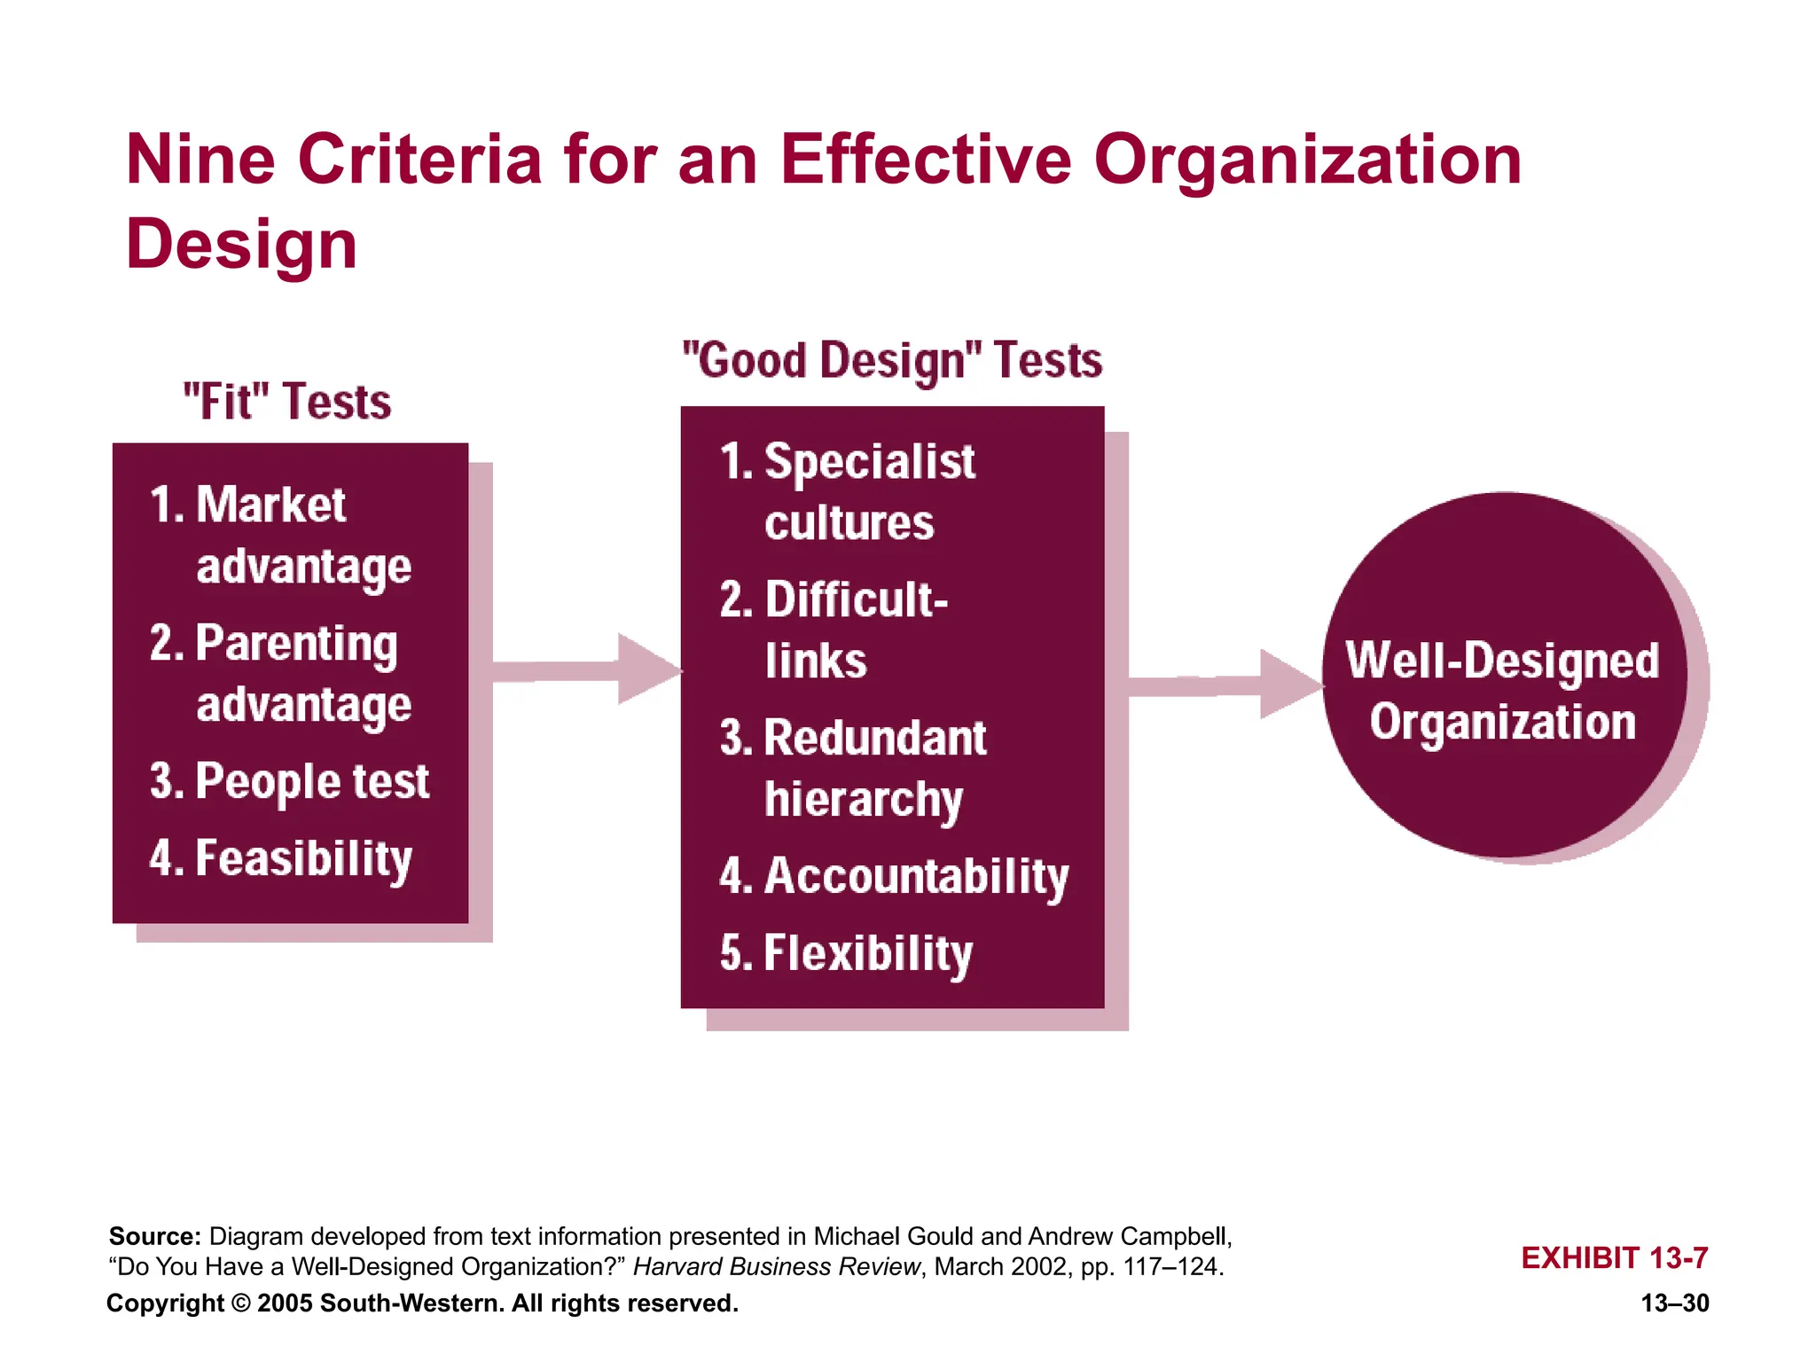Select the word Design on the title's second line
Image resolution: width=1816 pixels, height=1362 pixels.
[241, 245]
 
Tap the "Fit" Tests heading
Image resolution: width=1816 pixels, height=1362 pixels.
[286, 402]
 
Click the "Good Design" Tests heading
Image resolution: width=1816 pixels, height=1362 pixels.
[891, 361]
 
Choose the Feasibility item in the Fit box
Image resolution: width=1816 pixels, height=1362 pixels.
[303, 858]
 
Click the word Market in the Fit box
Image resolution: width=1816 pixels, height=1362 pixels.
[270, 505]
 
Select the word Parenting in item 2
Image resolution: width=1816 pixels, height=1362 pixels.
[295, 644]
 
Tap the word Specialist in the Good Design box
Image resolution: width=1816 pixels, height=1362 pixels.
[869, 462]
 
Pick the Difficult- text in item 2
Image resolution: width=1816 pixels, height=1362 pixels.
[856, 600]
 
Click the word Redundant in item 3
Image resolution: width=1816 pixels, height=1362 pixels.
[874, 738]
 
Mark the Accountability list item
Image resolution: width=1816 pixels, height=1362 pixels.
[915, 876]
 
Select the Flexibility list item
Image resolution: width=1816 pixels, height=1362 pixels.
[867, 953]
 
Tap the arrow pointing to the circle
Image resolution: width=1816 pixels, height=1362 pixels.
[1224, 684]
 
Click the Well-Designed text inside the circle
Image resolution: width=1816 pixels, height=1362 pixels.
[1501, 661]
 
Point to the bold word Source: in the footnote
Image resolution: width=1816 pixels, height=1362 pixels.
[154, 1236]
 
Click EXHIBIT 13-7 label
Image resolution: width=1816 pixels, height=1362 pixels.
[1614, 1257]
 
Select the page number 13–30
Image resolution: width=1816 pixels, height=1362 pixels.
[1674, 1303]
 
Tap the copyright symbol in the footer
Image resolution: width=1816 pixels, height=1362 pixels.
[240, 1303]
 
